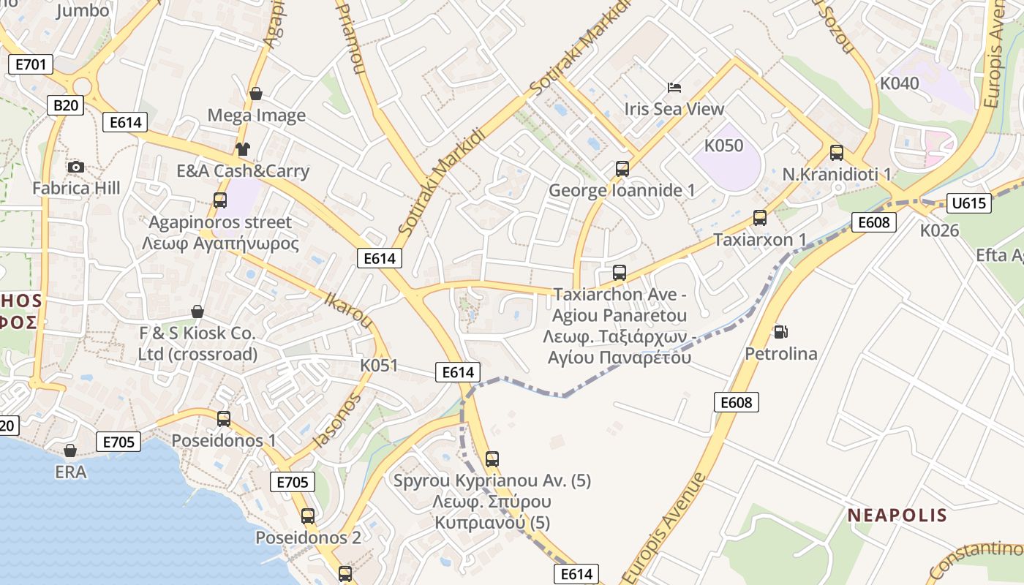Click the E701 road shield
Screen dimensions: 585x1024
pyautogui.click(x=31, y=64)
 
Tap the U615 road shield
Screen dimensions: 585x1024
pyautogui.click(x=968, y=203)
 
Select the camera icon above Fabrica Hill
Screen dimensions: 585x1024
pyautogui.click(x=75, y=167)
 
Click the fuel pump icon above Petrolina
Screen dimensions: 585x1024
pyautogui.click(x=781, y=332)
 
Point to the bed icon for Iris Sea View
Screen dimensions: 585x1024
pyautogui.click(x=674, y=88)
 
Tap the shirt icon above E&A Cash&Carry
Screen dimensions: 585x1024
pyautogui.click(x=243, y=149)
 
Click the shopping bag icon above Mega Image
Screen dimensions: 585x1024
pyautogui.click(x=256, y=94)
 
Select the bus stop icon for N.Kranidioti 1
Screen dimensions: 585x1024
pyautogui.click(x=837, y=153)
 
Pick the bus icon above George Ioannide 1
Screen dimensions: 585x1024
pyautogui.click(x=622, y=169)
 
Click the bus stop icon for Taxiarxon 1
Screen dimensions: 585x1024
pyautogui.click(x=760, y=218)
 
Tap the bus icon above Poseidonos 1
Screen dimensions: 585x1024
pyautogui.click(x=224, y=419)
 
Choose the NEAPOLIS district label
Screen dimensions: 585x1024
pyautogui.click(x=897, y=516)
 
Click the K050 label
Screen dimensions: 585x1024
pyautogui.click(x=723, y=146)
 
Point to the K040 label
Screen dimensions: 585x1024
pyautogui.click(x=899, y=83)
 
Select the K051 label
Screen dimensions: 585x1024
pyautogui.click(x=379, y=365)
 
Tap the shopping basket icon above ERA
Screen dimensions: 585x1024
pyautogui.click(x=70, y=450)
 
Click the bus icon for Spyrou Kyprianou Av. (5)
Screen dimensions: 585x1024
pyautogui.click(x=492, y=459)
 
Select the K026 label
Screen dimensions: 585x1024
pyautogui.click(x=939, y=230)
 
